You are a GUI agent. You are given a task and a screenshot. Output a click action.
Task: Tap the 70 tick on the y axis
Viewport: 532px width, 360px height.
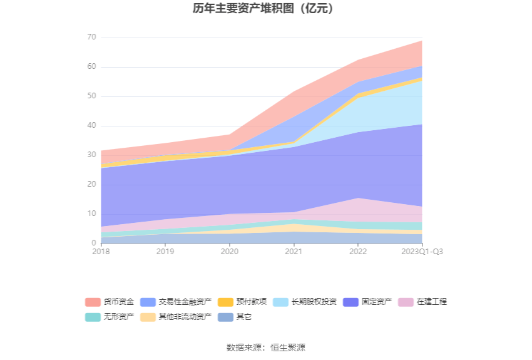click(91, 38)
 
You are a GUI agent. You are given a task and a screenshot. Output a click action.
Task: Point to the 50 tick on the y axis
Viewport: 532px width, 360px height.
click(91, 96)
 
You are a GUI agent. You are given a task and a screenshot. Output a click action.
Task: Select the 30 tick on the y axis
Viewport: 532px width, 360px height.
click(91, 155)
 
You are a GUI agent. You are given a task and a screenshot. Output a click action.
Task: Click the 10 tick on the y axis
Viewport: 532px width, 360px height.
click(91, 214)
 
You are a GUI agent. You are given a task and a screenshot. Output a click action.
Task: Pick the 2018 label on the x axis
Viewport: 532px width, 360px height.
click(101, 252)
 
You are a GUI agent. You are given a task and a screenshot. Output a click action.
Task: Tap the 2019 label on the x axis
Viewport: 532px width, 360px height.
click(165, 252)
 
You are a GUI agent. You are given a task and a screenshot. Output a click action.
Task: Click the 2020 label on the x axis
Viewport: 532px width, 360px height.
click(230, 252)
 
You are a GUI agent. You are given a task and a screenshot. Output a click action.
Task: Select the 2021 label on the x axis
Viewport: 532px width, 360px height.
click(294, 252)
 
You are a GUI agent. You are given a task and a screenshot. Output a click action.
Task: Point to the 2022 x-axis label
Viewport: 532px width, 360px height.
click(358, 252)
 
